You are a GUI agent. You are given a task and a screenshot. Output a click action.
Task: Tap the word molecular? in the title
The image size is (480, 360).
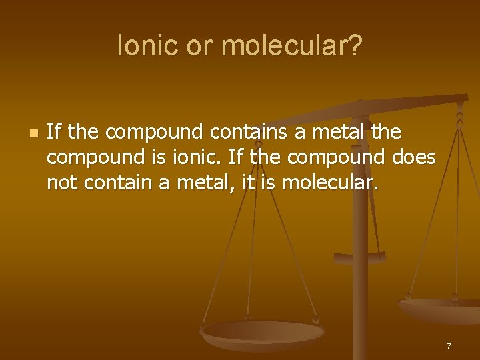point(292,46)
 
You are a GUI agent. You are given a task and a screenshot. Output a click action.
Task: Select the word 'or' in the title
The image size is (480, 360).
point(199,46)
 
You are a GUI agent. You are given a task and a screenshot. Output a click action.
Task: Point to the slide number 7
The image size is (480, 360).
point(448,346)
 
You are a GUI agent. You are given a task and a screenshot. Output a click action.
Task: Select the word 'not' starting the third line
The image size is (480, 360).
point(62,183)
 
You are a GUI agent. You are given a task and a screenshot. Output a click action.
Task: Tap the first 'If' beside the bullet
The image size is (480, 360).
point(54,132)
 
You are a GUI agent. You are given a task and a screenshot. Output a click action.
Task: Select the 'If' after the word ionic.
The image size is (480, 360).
point(235,157)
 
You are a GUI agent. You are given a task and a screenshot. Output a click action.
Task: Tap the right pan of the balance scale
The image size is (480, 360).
point(440,307)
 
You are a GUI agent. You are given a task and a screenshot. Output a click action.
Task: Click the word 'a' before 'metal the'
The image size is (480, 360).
point(300,132)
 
